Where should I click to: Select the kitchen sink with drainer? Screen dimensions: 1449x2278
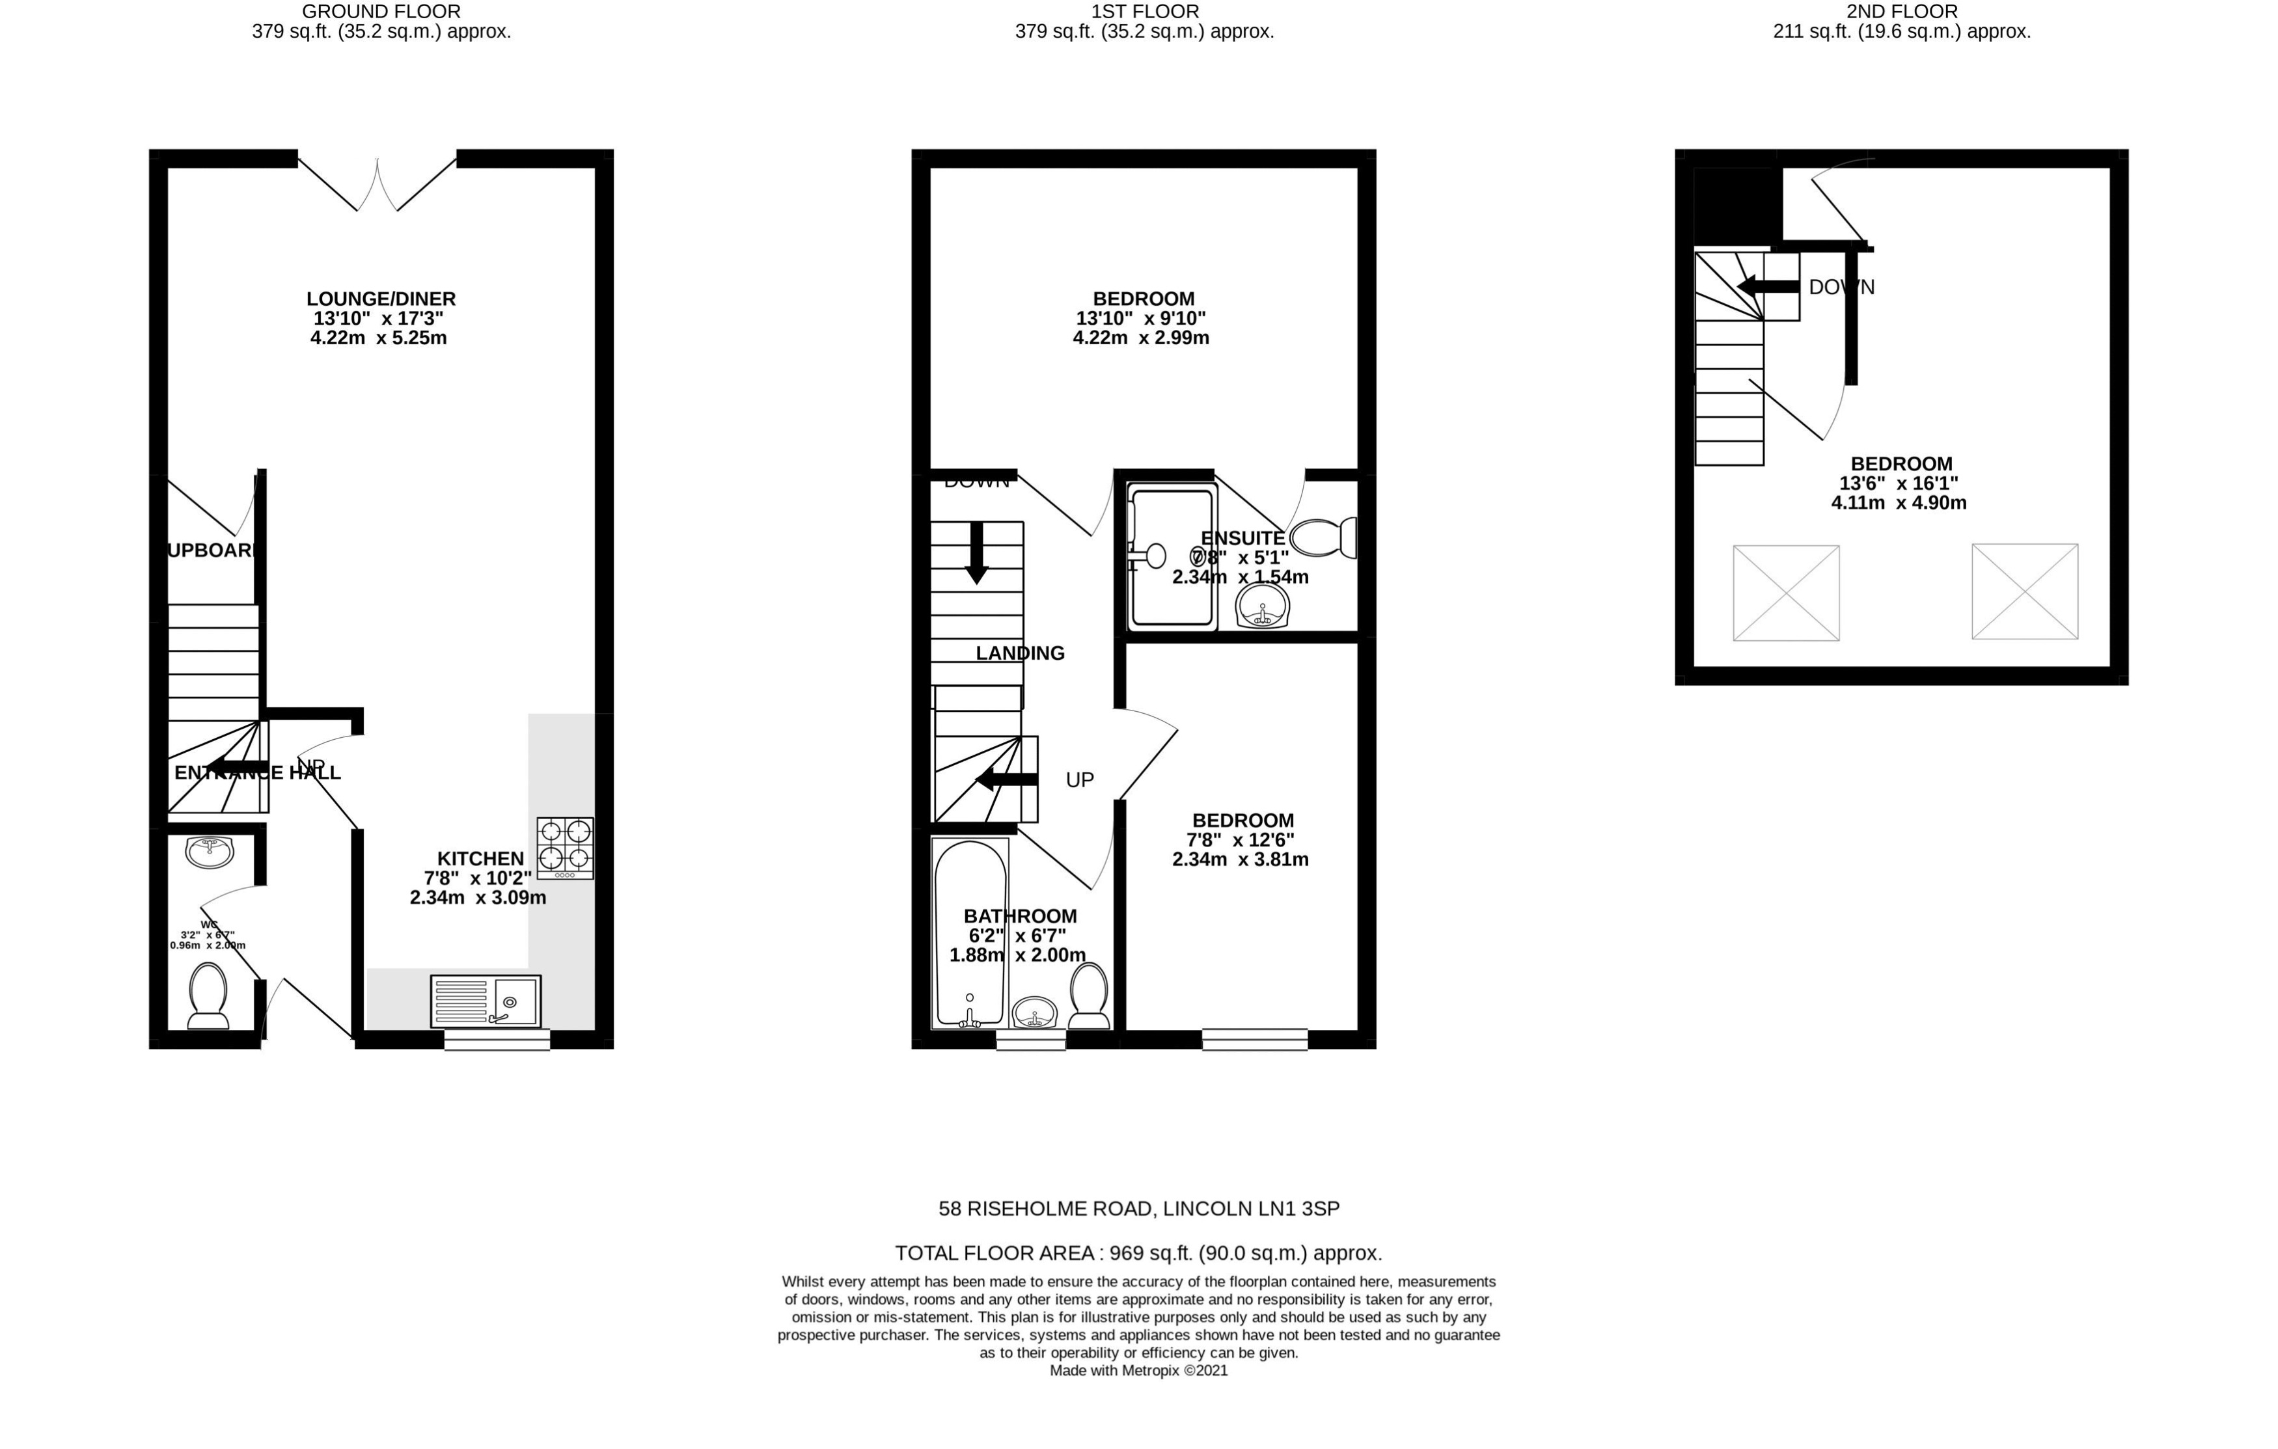click(486, 1001)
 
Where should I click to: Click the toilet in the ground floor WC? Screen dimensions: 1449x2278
click(208, 995)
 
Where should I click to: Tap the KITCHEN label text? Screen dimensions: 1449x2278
click(480, 858)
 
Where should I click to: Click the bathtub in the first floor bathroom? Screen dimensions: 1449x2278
click(970, 932)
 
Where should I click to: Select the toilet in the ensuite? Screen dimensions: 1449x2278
click(1324, 538)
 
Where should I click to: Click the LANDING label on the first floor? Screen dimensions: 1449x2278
click(1020, 653)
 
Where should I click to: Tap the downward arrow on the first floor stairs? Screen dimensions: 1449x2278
click(976, 552)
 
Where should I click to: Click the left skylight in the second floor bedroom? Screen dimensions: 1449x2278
click(1785, 593)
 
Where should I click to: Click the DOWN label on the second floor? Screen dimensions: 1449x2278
click(1840, 286)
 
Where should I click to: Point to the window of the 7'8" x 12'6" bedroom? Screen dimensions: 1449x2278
click(1254, 1040)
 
